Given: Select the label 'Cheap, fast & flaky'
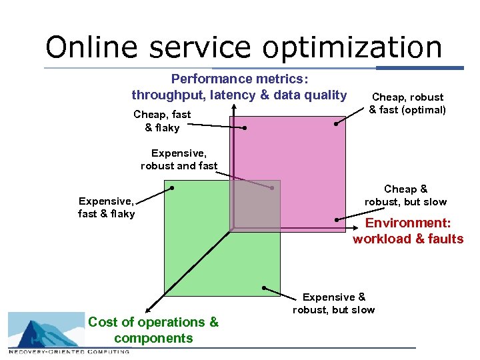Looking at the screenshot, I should click(162, 121).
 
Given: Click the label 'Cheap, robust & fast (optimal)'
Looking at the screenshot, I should click(407, 103).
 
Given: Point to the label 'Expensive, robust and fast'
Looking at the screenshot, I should click(179, 159).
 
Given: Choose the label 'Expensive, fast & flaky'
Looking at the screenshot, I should click(106, 207).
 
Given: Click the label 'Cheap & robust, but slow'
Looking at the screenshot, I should click(405, 195).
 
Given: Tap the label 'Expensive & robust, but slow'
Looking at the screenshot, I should click(333, 303).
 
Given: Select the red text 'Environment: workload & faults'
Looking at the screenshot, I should click(407, 231).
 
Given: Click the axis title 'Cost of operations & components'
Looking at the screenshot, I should click(153, 330).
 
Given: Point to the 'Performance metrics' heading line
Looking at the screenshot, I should click(231, 78).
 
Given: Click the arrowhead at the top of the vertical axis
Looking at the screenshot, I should click(233, 105).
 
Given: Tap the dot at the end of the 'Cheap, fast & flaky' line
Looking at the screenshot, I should click(245, 127).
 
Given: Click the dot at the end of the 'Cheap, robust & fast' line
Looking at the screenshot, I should click(337, 123).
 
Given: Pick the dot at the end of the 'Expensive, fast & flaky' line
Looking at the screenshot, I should click(172, 188).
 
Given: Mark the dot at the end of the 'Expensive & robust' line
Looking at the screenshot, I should click(264, 288).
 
